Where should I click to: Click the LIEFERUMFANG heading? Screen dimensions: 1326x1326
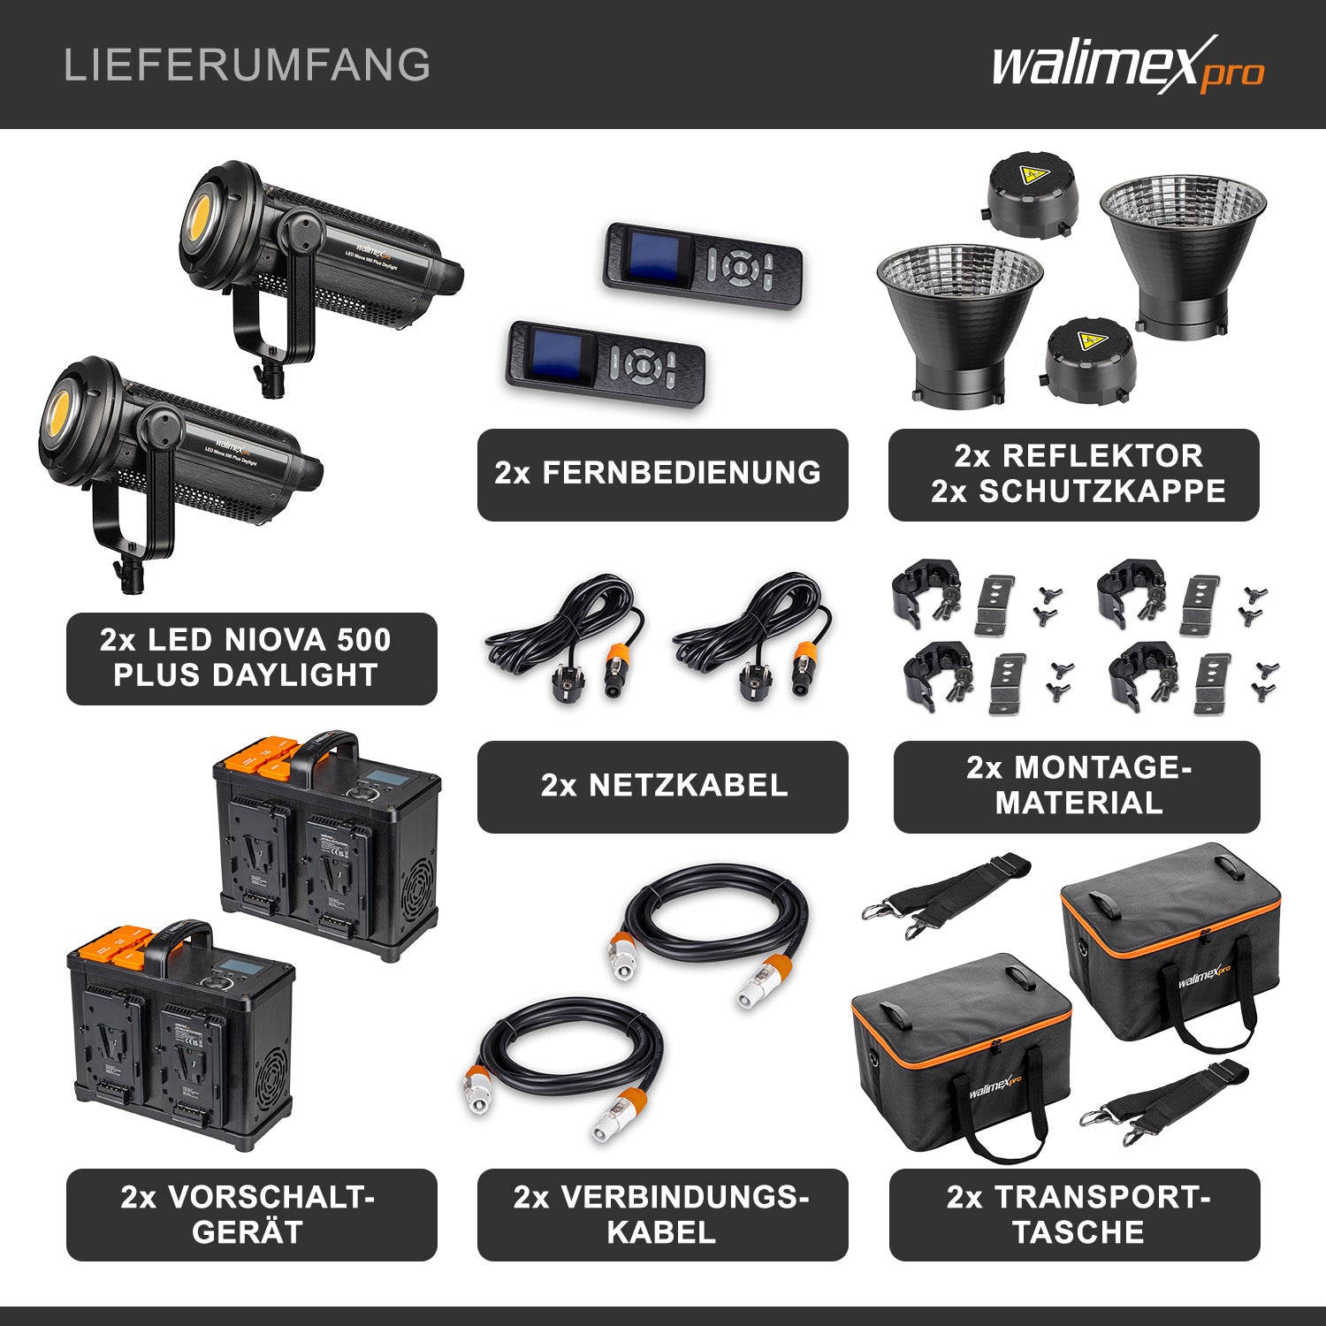pyautogui.click(x=247, y=65)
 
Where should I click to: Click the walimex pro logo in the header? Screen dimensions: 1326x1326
pyautogui.click(x=1128, y=65)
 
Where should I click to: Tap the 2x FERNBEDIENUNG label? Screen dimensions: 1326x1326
pyautogui.click(x=662, y=474)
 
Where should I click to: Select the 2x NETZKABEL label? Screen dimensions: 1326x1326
pyautogui.click(x=662, y=786)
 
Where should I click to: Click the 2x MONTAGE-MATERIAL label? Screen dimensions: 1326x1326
pyautogui.click(x=1077, y=786)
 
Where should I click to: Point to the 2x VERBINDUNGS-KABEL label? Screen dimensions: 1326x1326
pyautogui.click(x=662, y=1215)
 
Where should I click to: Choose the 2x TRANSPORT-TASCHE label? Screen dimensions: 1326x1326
pyautogui.click(x=1075, y=1215)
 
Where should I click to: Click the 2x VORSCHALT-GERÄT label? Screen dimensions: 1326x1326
pyautogui.click(x=251, y=1215)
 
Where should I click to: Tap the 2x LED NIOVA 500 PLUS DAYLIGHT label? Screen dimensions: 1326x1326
pyautogui.click(x=251, y=658)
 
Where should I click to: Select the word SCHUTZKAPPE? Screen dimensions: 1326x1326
pyautogui.click(x=1101, y=492)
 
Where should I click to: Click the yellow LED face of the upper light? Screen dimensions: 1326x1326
pyautogui.click(x=206, y=225)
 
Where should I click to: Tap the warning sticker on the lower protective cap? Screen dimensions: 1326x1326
pyautogui.click(x=1088, y=339)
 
